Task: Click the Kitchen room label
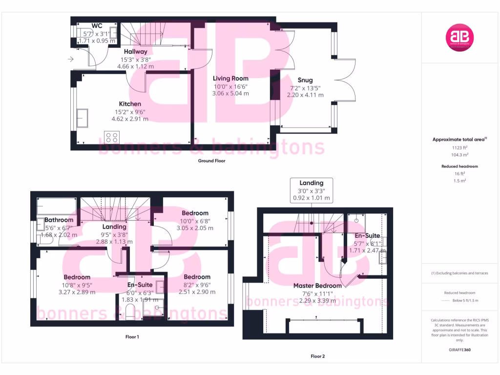tap(130, 104)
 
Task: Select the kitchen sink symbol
tap(81, 118)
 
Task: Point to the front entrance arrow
tap(71, 60)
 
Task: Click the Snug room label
tap(305, 80)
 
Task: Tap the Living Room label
tap(230, 78)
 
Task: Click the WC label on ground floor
tap(97, 26)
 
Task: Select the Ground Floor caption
tap(211, 161)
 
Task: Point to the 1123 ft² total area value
tap(459, 147)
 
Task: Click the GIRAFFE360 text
tap(459, 350)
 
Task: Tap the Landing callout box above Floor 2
tap(312, 190)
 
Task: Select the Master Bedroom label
tap(317, 286)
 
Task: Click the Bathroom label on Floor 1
tap(59, 220)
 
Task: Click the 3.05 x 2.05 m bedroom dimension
tap(195, 228)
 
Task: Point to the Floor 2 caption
tap(317, 356)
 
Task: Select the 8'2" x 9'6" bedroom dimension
tap(197, 285)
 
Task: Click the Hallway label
tap(135, 52)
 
